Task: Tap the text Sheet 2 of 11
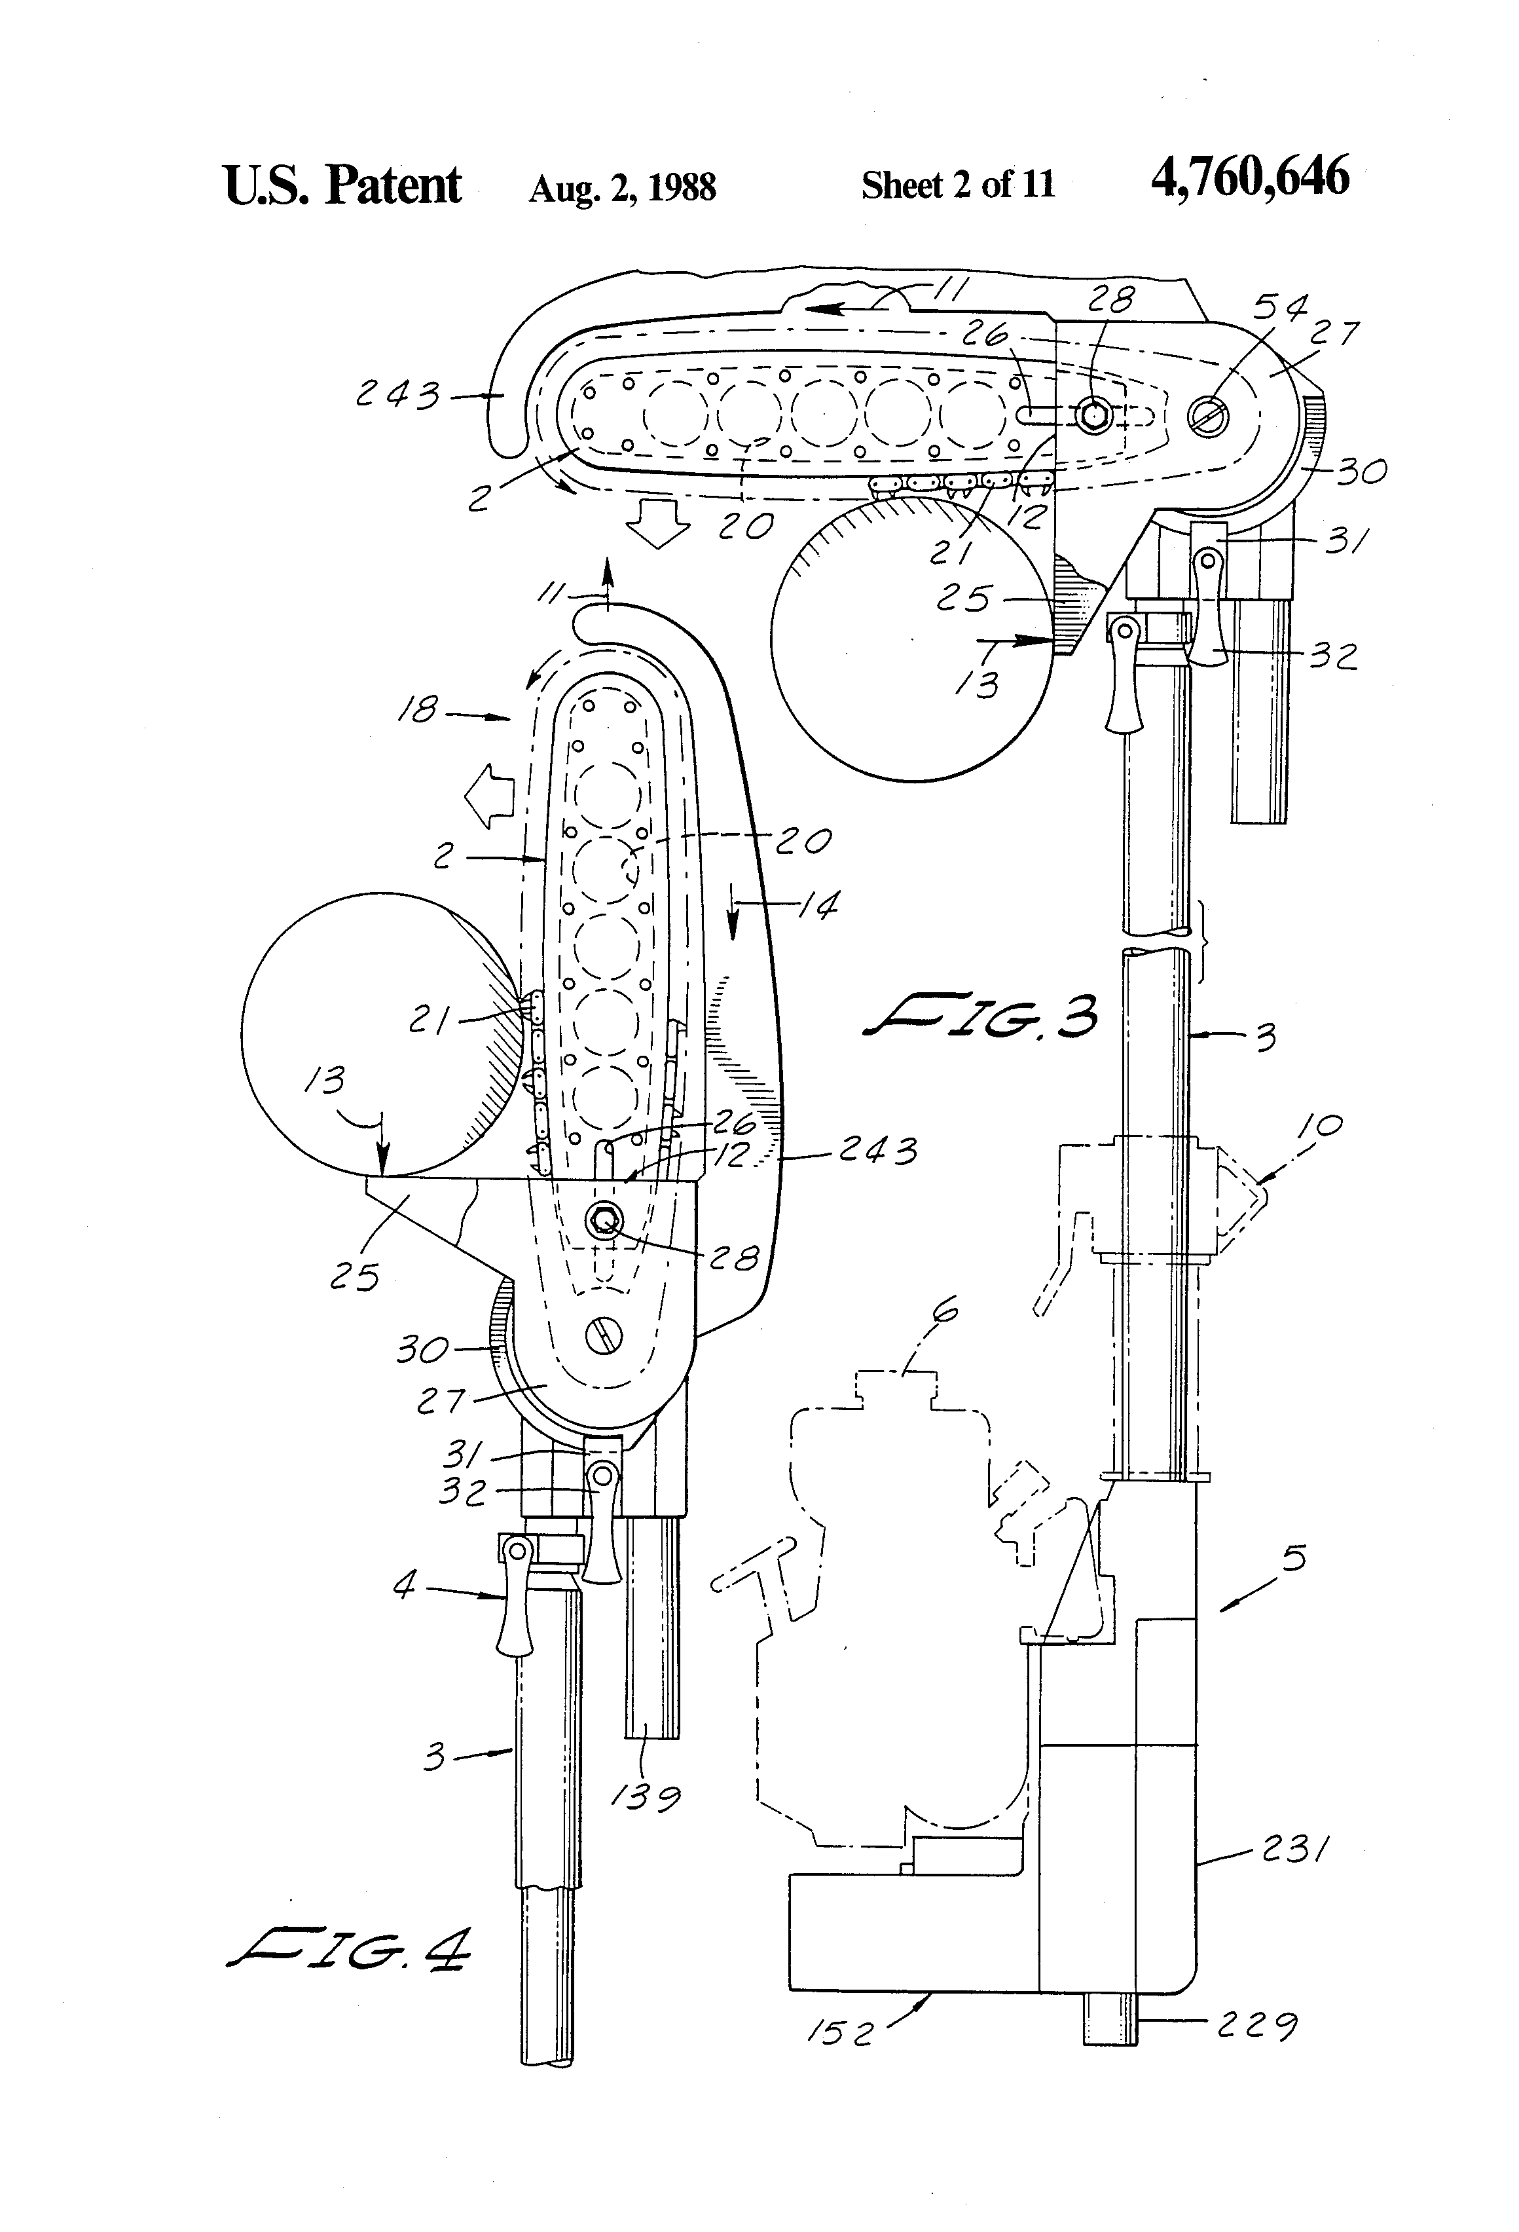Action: (x=957, y=185)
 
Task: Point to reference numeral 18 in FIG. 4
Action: (x=420, y=711)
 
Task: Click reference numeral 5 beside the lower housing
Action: (x=1293, y=1558)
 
